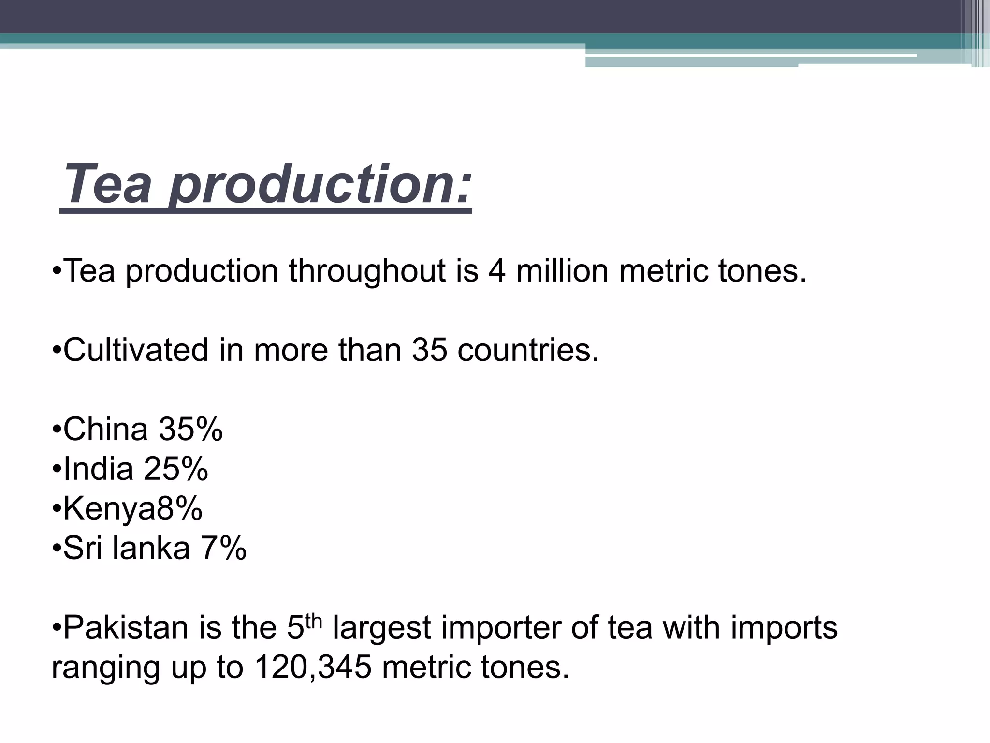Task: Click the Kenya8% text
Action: pyautogui.click(x=132, y=509)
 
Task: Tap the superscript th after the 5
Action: pyautogui.click(x=314, y=621)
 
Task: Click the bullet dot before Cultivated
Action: pyautogui.click(x=57, y=351)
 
